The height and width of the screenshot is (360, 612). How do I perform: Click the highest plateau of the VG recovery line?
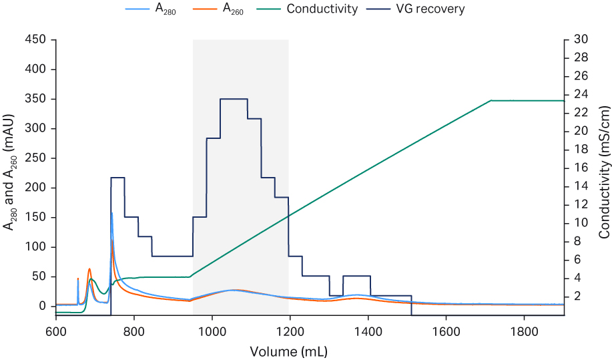tap(234, 99)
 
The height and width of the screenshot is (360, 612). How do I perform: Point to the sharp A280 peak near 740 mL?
tap(111, 214)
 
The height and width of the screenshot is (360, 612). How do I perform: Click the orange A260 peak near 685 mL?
tap(89, 269)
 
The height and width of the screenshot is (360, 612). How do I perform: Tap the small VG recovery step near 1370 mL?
tap(356, 276)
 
